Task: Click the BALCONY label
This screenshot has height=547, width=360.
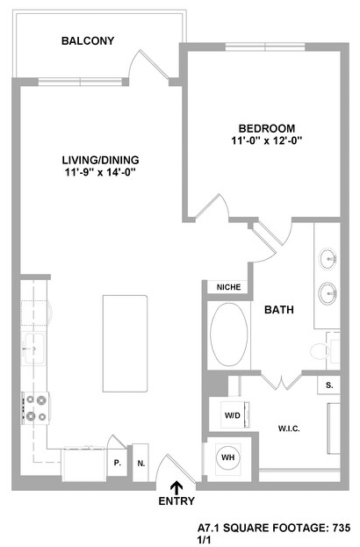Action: (x=88, y=40)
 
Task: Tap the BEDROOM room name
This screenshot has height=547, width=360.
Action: (x=267, y=128)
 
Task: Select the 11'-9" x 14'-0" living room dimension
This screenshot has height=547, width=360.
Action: (x=100, y=172)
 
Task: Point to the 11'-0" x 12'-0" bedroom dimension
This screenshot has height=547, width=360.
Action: (x=267, y=141)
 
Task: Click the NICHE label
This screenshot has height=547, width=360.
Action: (x=228, y=287)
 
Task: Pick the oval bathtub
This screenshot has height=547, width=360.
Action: (x=229, y=335)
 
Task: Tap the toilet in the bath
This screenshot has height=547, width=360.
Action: (x=320, y=351)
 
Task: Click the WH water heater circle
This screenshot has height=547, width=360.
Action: (x=228, y=457)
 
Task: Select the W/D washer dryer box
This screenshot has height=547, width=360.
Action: (x=233, y=415)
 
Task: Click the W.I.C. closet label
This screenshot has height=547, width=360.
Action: (x=289, y=428)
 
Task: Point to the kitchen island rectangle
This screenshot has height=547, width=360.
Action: (x=125, y=343)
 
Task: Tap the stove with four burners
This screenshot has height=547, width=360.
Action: (x=36, y=407)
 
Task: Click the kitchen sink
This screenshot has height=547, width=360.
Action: (x=33, y=349)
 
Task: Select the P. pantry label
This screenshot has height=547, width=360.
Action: (x=117, y=463)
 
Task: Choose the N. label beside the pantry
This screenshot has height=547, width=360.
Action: (x=141, y=464)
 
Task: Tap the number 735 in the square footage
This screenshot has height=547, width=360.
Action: (x=341, y=528)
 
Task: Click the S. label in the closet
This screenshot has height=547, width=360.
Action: (x=329, y=385)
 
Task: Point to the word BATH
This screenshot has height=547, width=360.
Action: (x=279, y=309)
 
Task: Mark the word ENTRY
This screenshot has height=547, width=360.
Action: (x=176, y=501)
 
